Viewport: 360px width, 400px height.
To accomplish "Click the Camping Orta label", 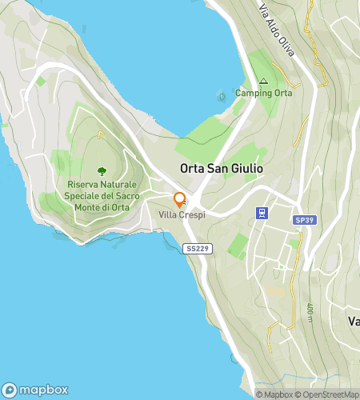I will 263,93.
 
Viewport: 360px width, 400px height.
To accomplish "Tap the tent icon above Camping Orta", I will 263,81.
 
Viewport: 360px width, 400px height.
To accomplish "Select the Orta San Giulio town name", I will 222,170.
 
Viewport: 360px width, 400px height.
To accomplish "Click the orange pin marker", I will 180,200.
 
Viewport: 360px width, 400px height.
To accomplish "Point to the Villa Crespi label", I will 180,215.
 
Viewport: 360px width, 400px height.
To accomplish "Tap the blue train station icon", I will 261,212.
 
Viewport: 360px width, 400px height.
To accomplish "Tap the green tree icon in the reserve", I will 101,170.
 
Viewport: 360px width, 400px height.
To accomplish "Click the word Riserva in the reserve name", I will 84,183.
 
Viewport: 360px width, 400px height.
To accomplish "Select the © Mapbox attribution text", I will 274,394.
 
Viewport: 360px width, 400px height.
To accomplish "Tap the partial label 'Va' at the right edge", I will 353,321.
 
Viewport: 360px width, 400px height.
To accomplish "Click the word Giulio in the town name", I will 246,170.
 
